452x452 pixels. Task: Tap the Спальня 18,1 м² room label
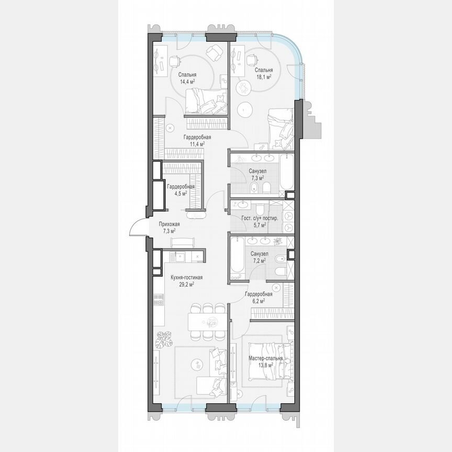[x=263, y=73]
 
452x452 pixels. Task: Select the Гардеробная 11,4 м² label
[x=193, y=140]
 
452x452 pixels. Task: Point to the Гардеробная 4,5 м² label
[x=180, y=189]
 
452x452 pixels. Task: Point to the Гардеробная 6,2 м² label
[x=258, y=297]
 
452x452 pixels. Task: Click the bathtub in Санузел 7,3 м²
[x=287, y=173]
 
